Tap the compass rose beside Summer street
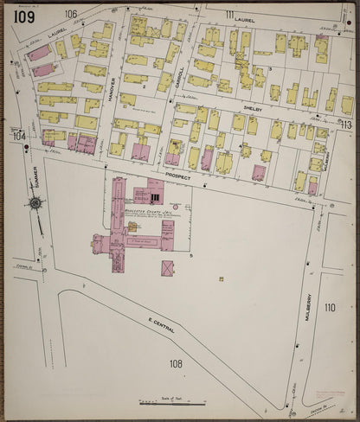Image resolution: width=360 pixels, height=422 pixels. coord(35,204)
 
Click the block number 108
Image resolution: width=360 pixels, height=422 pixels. coord(176,364)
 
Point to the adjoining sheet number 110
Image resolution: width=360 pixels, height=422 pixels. coord(329,307)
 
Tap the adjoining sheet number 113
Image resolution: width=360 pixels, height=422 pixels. coord(346,125)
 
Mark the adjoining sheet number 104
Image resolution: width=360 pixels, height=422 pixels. coord(19,136)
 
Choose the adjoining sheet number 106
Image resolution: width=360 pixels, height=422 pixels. coord(70,14)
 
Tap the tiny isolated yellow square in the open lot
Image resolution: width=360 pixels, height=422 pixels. coord(221,278)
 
